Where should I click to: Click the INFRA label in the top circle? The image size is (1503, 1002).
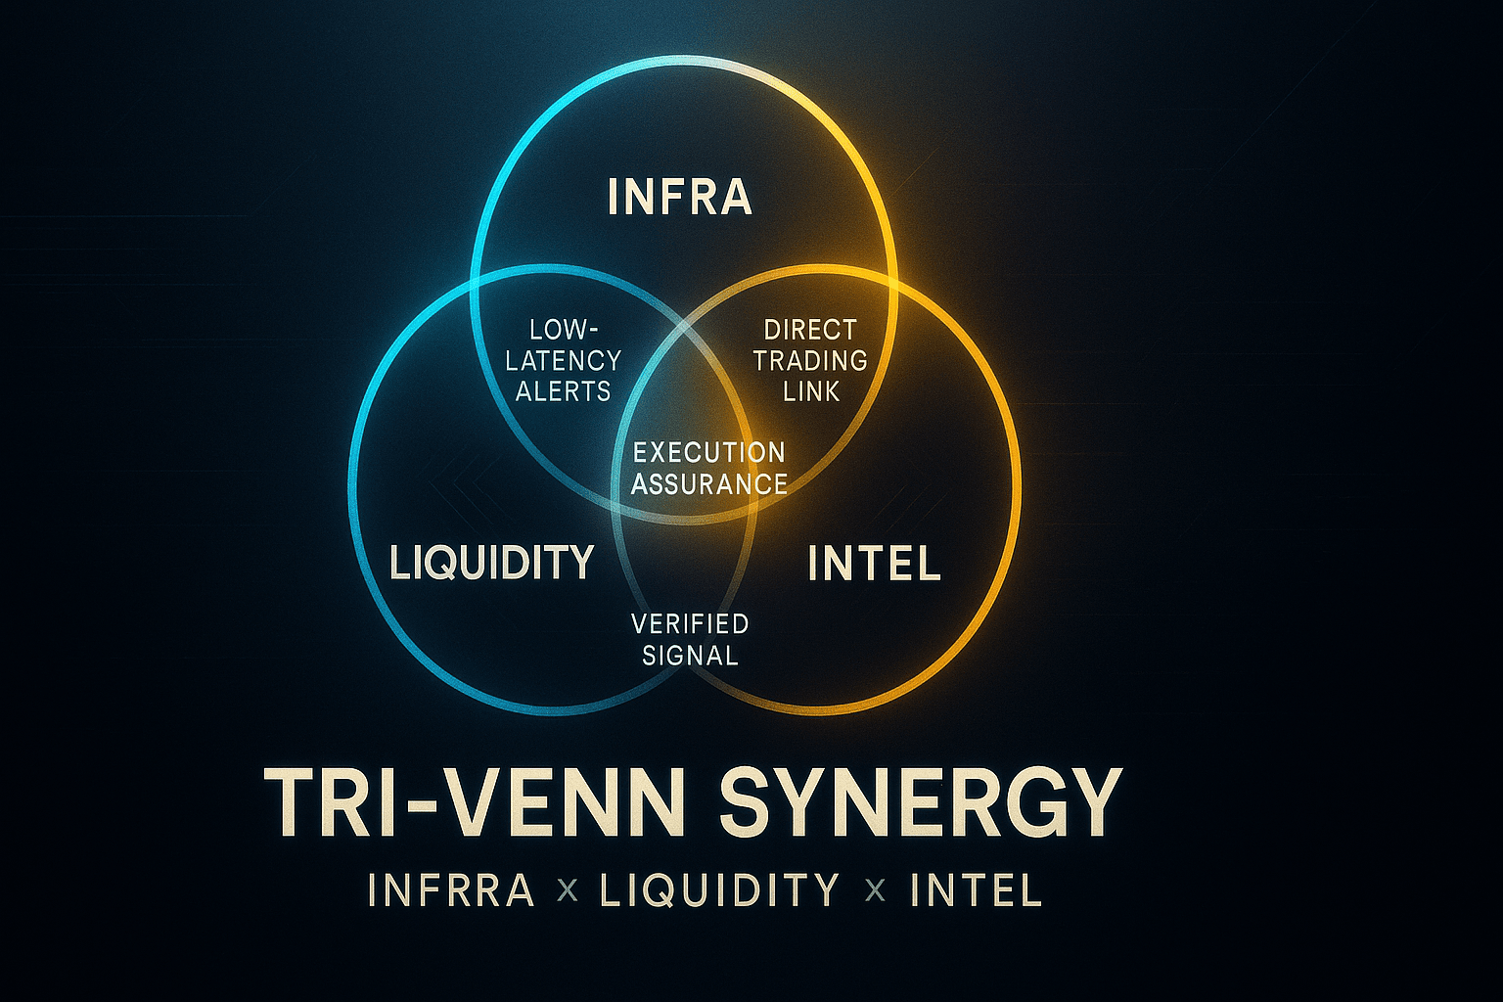[680, 197]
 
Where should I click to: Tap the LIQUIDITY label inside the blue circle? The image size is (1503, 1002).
[492, 562]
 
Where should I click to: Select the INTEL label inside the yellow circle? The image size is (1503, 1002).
[875, 564]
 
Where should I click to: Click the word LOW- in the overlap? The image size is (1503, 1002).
[564, 330]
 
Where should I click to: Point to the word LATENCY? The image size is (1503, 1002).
[564, 361]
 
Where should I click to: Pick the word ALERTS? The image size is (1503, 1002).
[564, 391]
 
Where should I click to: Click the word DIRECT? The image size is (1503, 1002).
[810, 330]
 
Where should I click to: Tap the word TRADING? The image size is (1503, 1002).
[810, 360]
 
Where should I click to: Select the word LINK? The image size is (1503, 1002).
[811, 391]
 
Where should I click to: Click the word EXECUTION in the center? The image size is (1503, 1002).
[709, 452]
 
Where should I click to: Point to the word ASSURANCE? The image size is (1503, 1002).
[709, 483]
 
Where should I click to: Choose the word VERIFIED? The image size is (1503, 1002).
[690, 623]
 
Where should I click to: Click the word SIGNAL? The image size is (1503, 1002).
[690, 655]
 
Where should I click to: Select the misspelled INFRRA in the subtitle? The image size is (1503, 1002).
[451, 890]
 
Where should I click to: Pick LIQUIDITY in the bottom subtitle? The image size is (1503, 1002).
[719, 890]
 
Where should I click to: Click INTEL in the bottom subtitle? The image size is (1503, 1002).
[976, 890]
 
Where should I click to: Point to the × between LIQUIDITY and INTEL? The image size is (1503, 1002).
[875, 891]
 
